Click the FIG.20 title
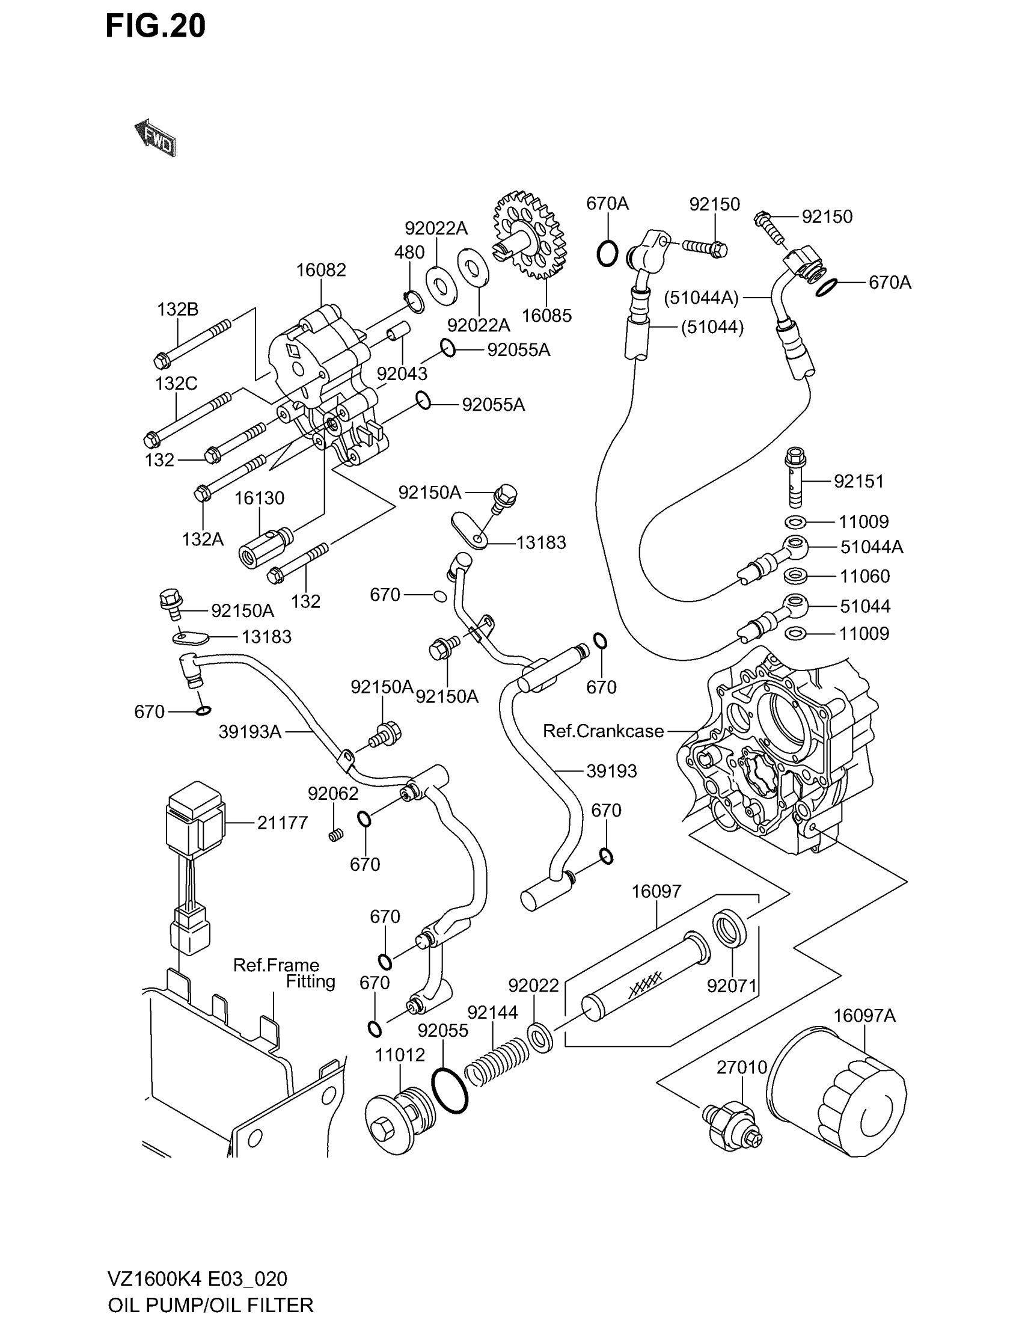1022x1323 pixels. (156, 26)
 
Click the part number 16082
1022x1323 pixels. (321, 270)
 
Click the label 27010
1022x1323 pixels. (742, 1067)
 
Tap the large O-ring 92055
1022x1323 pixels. (450, 1090)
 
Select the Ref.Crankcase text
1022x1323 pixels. (603, 731)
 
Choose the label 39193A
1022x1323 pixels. (250, 732)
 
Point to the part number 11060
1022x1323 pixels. (864, 576)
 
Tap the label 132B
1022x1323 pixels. (177, 310)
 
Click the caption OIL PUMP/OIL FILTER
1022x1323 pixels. (210, 1304)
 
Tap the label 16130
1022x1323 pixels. (259, 498)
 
